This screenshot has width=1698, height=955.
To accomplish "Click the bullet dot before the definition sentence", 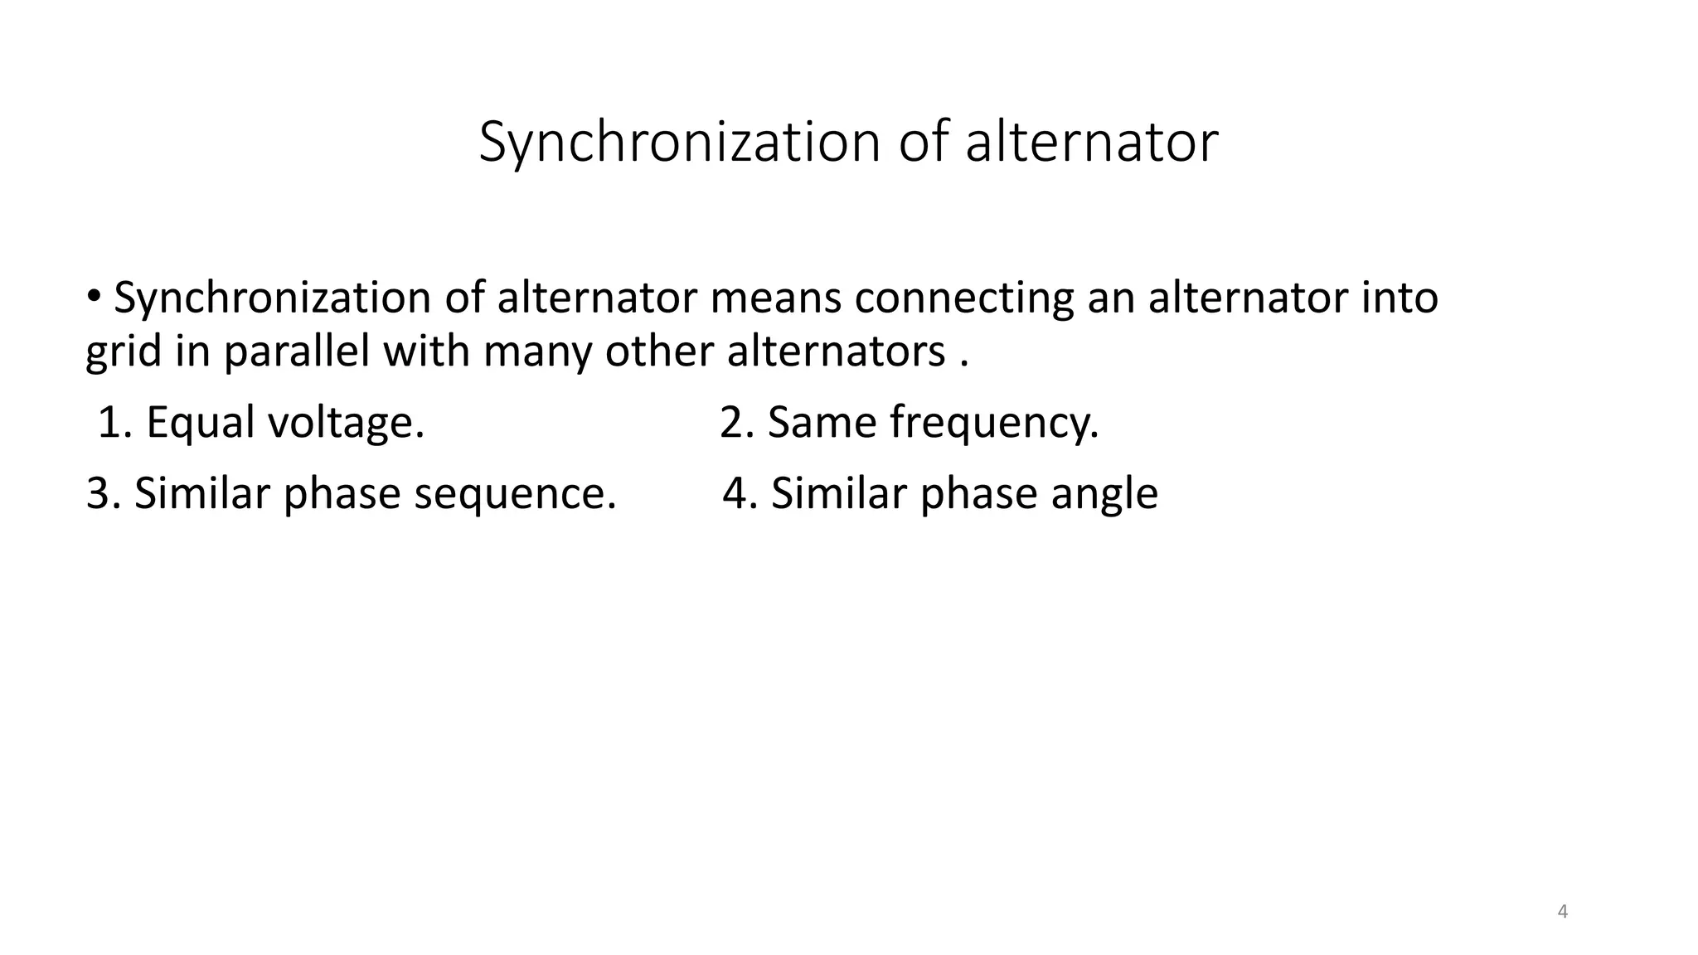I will point(94,294).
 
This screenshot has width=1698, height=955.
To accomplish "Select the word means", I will point(775,298).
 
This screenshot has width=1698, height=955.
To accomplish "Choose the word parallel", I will point(296,351).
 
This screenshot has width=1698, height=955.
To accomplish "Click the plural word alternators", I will point(836,351).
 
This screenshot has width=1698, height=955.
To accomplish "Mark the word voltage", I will point(346,423).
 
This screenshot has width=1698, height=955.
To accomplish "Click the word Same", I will point(822,423).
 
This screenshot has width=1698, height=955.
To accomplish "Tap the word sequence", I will point(515,494).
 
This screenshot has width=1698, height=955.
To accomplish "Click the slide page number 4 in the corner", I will point(1563,912).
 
